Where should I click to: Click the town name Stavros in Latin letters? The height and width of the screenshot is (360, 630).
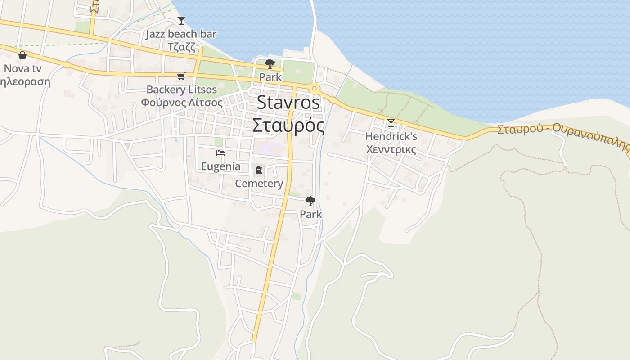coord(288,103)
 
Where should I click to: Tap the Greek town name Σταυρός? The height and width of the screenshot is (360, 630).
coord(288,126)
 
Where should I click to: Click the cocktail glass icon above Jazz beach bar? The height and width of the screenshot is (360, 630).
coord(181,21)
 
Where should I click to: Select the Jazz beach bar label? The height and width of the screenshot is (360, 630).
coord(181,34)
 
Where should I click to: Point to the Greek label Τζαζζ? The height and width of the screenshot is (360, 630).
coord(181,46)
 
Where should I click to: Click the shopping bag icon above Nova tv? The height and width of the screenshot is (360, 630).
coord(22,55)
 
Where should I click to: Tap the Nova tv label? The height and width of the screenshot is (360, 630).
coord(22,69)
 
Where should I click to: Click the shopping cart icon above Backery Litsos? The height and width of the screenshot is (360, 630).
coord(181,76)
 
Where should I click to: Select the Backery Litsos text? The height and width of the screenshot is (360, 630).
coord(181,90)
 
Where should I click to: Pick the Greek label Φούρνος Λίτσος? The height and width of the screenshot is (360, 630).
coord(181,102)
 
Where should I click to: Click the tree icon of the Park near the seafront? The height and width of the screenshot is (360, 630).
coord(270,64)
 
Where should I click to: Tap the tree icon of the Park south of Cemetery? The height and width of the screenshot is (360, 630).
coord(310,201)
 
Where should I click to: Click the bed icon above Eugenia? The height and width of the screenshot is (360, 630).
coord(220,153)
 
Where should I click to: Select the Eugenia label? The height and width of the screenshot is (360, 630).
coord(220,166)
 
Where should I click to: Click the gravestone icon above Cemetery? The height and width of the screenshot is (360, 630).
coord(259,170)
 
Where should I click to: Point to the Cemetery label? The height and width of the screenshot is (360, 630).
coord(259,183)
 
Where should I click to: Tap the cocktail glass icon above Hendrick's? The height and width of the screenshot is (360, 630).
coord(391,123)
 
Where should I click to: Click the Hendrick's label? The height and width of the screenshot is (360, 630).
coord(391,136)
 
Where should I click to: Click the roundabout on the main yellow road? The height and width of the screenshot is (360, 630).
coord(314,88)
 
